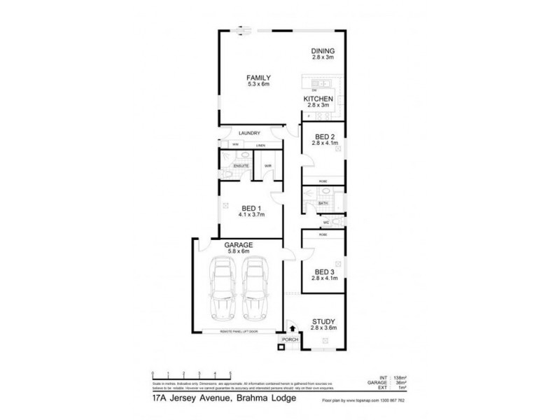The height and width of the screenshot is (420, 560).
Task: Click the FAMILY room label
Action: pos(258,77)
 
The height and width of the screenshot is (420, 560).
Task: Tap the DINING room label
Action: pos(323,50)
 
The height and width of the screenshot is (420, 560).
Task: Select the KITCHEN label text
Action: pos(318,99)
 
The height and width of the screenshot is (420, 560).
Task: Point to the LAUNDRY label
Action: pos(249,133)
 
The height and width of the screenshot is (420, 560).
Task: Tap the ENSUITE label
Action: pos(232,166)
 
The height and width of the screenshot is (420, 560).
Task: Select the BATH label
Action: pos(323,204)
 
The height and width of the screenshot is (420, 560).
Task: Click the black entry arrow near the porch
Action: pos(291,326)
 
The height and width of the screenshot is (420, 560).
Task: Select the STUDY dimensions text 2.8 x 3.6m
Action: pos(324,328)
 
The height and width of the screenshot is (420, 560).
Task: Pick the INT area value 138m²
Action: pos(400,377)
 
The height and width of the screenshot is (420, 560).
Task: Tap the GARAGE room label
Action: pos(238,245)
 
